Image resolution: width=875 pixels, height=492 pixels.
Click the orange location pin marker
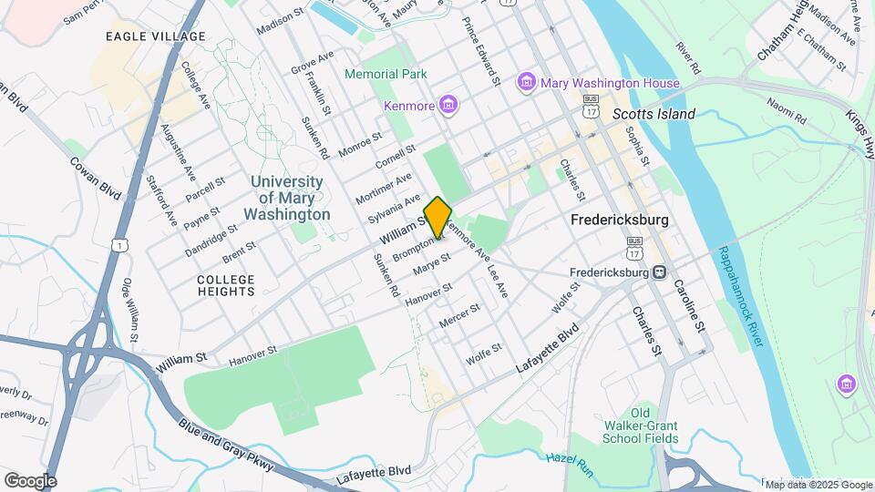tap(437, 217)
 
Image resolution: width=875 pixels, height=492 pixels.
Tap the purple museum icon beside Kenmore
tap(448, 107)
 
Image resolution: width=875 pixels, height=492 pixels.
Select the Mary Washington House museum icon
tap(526, 83)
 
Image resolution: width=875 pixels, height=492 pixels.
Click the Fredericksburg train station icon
tap(658, 272)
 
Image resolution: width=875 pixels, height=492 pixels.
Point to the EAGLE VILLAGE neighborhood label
tap(155, 36)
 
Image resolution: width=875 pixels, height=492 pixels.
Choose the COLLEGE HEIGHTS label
tap(226, 285)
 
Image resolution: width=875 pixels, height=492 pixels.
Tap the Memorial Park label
tap(386, 73)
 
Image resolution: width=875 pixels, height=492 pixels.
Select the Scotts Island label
tap(654, 114)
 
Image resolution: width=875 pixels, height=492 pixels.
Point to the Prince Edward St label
tap(482, 51)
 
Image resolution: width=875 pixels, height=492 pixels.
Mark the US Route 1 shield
tap(119, 244)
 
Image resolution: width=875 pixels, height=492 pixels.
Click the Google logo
tap(30, 481)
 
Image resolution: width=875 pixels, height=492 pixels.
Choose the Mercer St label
tap(459, 316)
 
